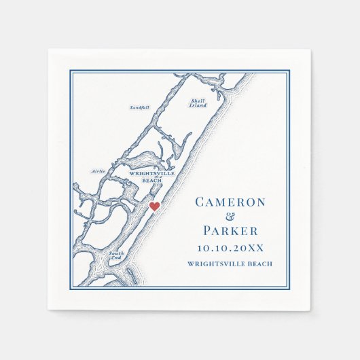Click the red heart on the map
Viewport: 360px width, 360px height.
pos(154,206)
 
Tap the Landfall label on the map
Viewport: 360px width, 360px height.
pos(139,107)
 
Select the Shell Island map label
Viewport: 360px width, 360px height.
pos(198,103)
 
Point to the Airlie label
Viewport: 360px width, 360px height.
pos(98,171)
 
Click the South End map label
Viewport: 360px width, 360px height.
pos(115,257)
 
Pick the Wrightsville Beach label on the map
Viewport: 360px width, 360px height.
pos(145,177)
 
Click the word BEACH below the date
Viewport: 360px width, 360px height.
pos(261,264)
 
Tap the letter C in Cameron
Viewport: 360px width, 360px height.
pos(200,202)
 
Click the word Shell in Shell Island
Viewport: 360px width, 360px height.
pos(198,100)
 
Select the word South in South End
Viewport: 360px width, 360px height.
pos(115,254)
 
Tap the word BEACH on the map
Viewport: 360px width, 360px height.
pos(153,181)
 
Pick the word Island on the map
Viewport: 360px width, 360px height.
pos(198,105)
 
